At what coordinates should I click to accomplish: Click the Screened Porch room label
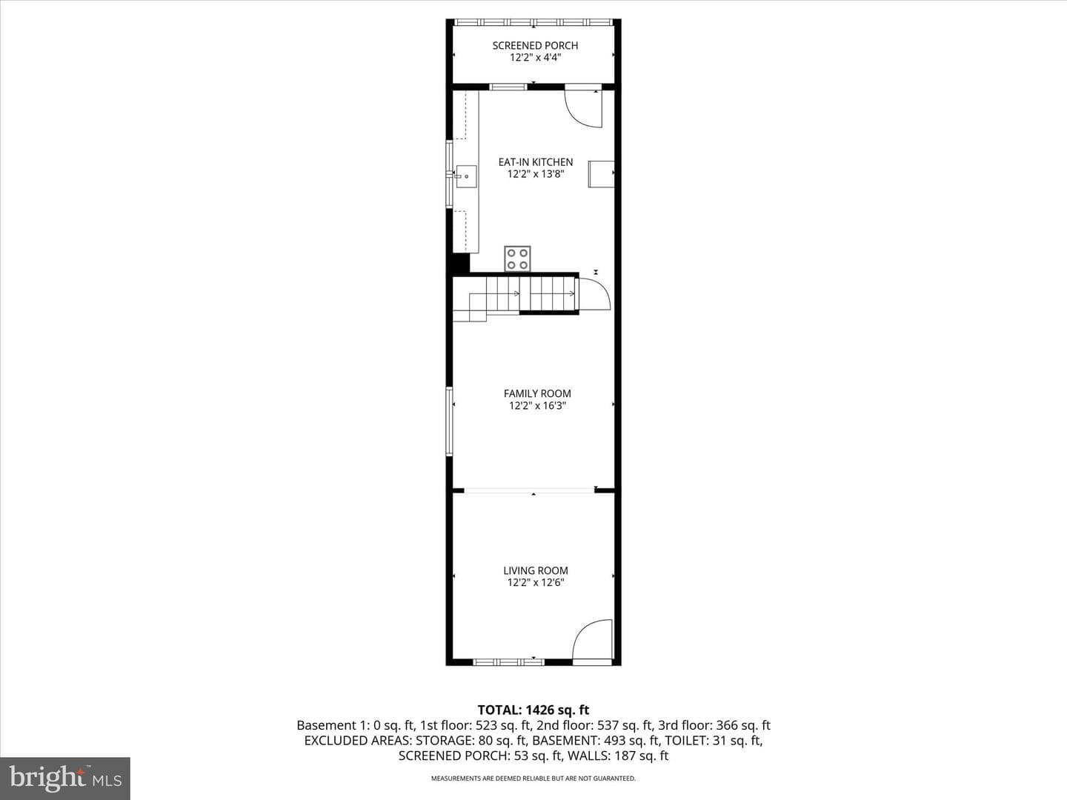535,46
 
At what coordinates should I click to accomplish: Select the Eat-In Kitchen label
535,161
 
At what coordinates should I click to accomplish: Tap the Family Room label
537,393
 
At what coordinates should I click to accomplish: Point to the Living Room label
535,570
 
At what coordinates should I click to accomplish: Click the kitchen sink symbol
465,176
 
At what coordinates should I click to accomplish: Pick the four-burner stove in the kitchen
517,259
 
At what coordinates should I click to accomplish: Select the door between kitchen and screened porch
583,109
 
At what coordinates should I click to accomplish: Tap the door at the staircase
594,293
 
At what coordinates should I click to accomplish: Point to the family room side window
449,421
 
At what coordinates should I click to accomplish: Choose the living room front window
509,661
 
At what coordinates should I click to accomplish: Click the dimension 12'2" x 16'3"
537,406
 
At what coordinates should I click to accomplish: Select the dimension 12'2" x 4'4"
535,58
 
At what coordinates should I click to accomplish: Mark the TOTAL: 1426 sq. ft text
533,710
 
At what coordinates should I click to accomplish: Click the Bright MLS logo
65,778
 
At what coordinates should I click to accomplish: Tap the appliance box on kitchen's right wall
602,174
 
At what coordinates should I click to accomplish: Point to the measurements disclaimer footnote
533,778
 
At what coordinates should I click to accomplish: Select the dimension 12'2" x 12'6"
535,582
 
